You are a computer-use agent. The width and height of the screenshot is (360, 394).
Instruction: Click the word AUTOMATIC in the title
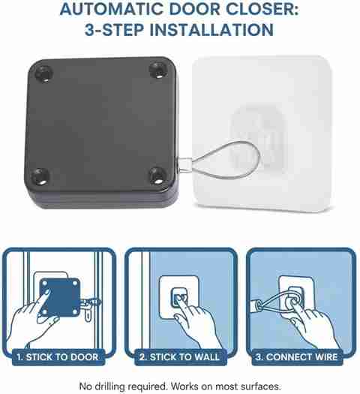(112, 9)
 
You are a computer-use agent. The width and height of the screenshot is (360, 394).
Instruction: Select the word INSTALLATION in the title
(211, 30)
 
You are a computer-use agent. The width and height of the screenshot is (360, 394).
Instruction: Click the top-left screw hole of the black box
(43, 74)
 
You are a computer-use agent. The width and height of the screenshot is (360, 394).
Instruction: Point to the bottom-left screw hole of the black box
(40, 176)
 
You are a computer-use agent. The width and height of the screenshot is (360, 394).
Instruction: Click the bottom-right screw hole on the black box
(157, 175)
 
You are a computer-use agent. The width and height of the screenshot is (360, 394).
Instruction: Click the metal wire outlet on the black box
(184, 164)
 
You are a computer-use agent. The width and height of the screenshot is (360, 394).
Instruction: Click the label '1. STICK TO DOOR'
(58, 357)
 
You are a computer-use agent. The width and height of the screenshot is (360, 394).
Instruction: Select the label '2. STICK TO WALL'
(180, 357)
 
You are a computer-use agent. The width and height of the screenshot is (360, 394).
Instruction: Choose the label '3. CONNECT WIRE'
(297, 357)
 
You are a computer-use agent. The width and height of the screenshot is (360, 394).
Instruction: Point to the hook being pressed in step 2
(180, 298)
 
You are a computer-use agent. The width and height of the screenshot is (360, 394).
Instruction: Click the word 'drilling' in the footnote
(108, 386)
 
